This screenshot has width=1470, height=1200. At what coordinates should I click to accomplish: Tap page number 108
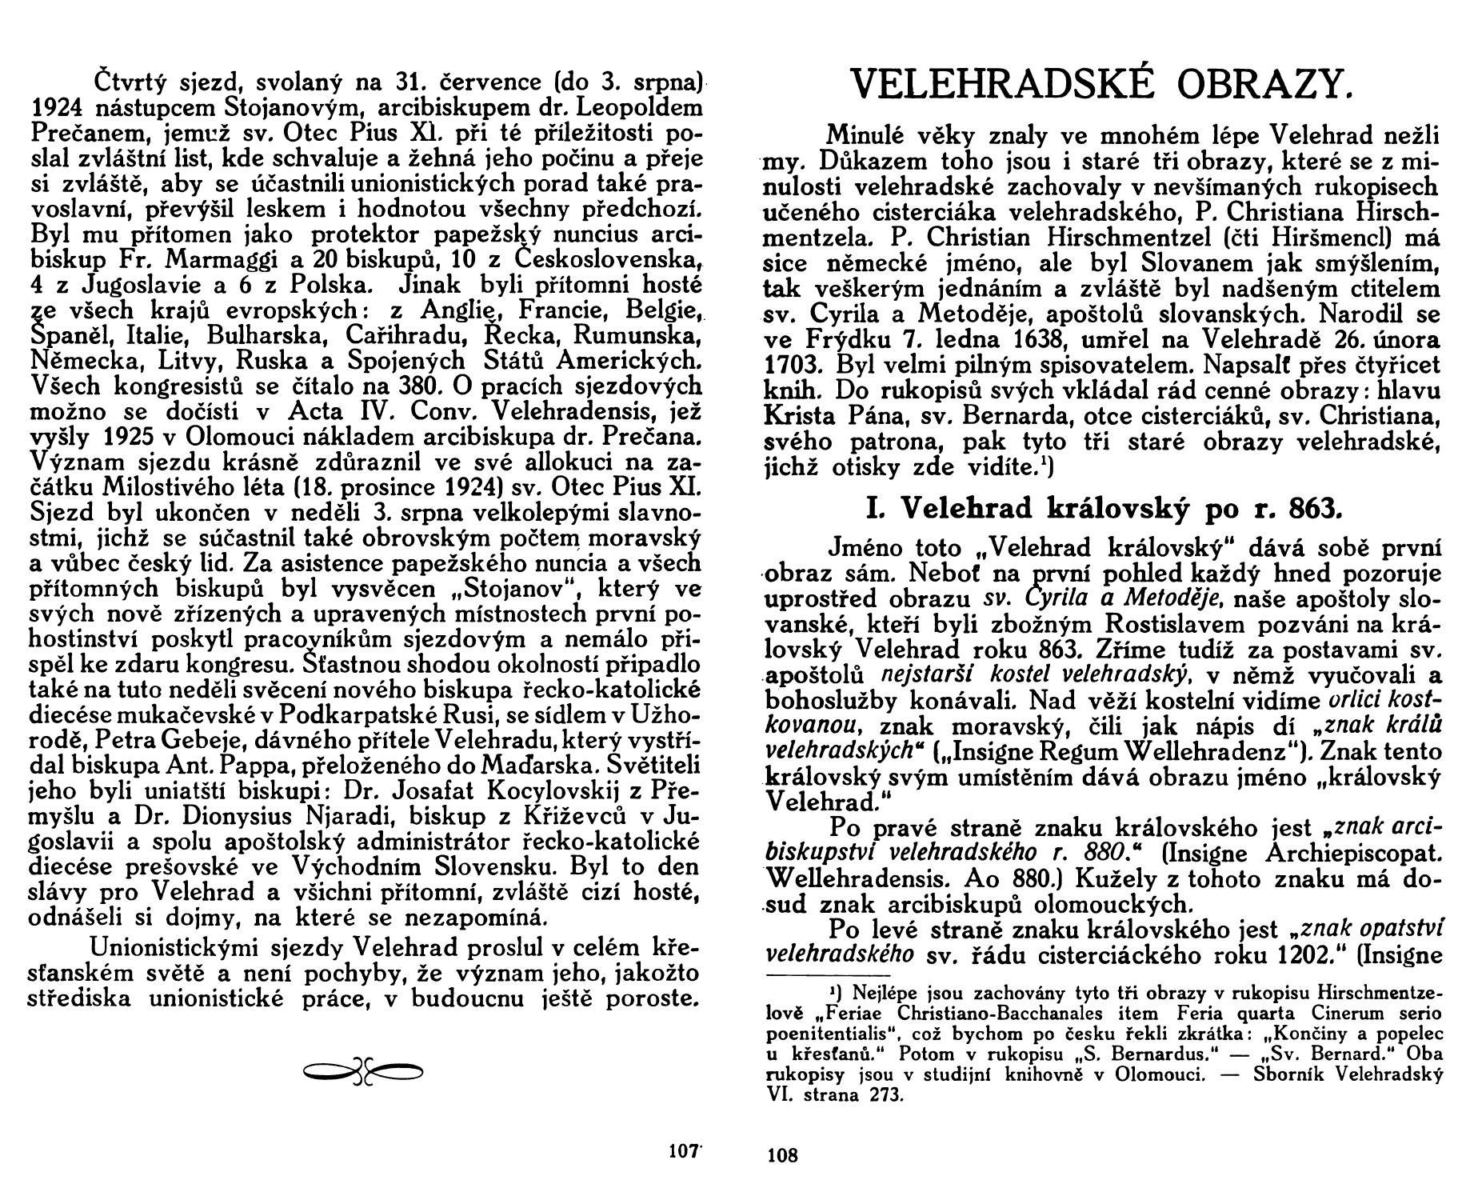[781, 1154]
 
